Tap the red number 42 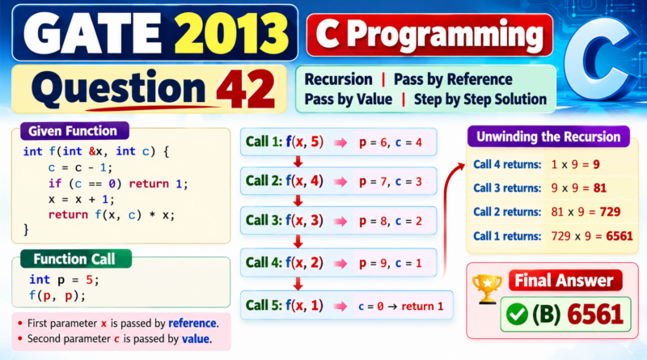(x=246, y=89)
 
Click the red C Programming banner (x=429, y=35)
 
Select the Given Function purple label (x=74, y=131)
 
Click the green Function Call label (x=76, y=259)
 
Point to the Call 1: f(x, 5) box (x=338, y=142)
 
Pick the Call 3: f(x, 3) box (x=338, y=221)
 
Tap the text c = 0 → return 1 (x=400, y=307)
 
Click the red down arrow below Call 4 (x=298, y=284)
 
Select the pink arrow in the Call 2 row (x=340, y=182)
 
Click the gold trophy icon (x=488, y=289)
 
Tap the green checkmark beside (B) (x=517, y=315)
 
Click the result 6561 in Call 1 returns (x=620, y=236)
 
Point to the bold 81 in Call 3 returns (x=600, y=188)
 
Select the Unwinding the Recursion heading (x=548, y=137)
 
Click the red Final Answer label (x=565, y=281)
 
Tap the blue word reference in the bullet (x=192, y=323)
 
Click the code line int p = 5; (x=64, y=280)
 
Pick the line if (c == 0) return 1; (x=118, y=184)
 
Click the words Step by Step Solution (x=480, y=100)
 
